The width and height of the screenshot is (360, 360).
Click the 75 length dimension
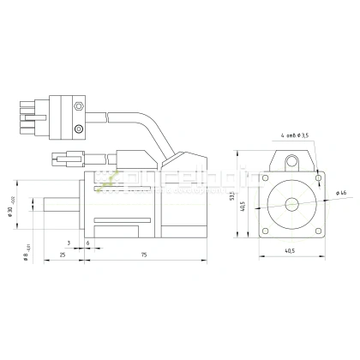click(144, 255)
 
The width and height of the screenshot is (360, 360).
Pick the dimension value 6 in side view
click(88, 243)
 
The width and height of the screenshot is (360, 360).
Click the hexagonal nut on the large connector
click(79, 108)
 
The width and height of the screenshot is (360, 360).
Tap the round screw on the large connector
click(79, 128)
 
